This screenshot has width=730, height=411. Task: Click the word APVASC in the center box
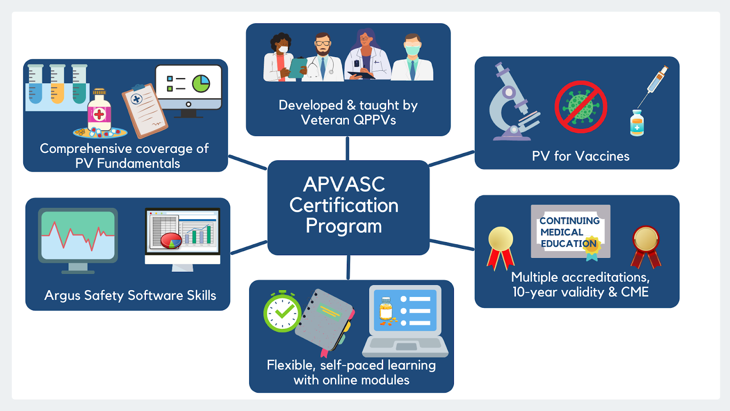point(344,184)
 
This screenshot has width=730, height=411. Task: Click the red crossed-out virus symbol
point(581,107)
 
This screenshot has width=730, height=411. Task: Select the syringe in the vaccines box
point(655,84)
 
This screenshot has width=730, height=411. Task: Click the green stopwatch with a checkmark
point(282,312)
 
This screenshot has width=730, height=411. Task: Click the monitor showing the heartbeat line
point(78,237)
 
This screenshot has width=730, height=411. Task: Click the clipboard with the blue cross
point(145,110)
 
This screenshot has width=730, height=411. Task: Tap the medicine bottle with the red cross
point(99,111)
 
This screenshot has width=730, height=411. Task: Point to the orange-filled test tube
point(57,84)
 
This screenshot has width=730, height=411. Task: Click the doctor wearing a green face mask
point(412,58)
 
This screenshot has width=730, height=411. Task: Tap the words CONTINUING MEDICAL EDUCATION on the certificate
point(569,232)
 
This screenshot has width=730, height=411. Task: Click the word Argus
point(62,296)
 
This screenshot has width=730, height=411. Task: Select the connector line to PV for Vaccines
point(451,158)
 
